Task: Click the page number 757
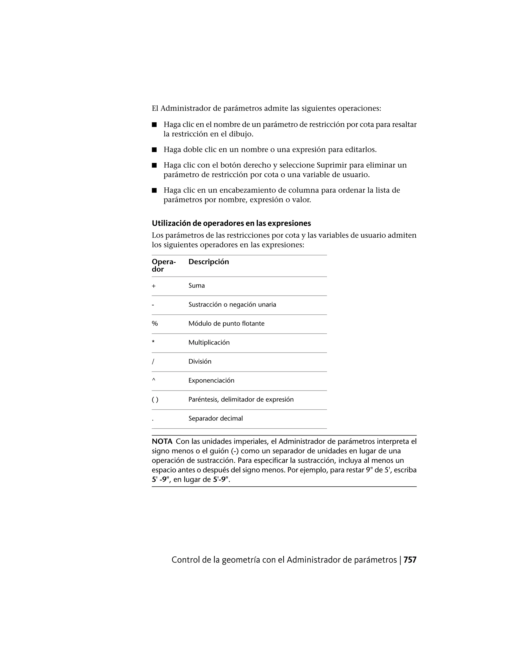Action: pos(410,560)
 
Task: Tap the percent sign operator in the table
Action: pos(155,324)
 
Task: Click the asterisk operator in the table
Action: pos(153,342)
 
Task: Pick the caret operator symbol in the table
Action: pos(154,380)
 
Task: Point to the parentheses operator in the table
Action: pos(155,399)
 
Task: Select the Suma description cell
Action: pos(197,285)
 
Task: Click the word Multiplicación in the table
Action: pos(209,343)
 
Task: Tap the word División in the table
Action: pos(200,361)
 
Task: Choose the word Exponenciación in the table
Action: pos(211,381)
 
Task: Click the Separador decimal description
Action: pos(215,418)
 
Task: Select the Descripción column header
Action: pos(209,262)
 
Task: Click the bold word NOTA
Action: pos(162,441)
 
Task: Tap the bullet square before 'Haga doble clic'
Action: pos(154,150)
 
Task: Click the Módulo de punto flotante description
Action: pos(226,324)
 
